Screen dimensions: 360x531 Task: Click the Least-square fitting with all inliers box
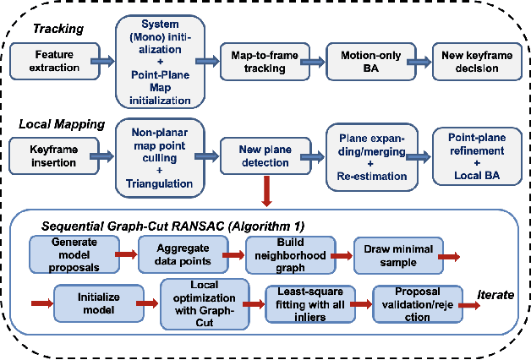pyautogui.click(x=306, y=303)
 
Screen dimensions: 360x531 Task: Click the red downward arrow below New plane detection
pyautogui.click(x=268, y=193)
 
